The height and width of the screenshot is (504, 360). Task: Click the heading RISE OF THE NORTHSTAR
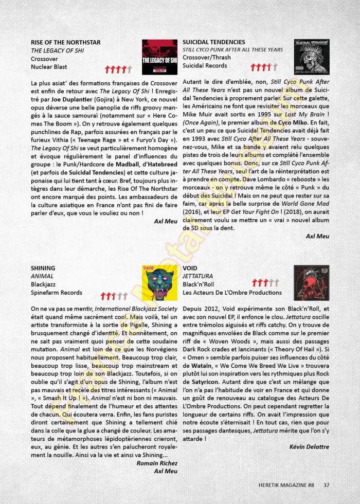[65, 42]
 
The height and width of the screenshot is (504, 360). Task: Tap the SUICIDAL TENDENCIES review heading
[214, 42]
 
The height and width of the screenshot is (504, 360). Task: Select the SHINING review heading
[43, 268]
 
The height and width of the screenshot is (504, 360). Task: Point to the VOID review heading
[191, 268]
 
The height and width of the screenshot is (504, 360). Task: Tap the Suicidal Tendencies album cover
[312, 57]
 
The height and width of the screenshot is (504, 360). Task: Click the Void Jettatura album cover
[312, 283]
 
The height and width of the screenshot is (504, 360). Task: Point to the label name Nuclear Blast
[49, 67]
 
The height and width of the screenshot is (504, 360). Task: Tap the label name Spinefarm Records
[56, 293]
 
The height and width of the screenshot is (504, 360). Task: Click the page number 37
[327, 484]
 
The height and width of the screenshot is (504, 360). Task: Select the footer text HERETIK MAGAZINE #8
[286, 484]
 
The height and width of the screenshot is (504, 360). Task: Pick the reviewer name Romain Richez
[157, 463]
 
